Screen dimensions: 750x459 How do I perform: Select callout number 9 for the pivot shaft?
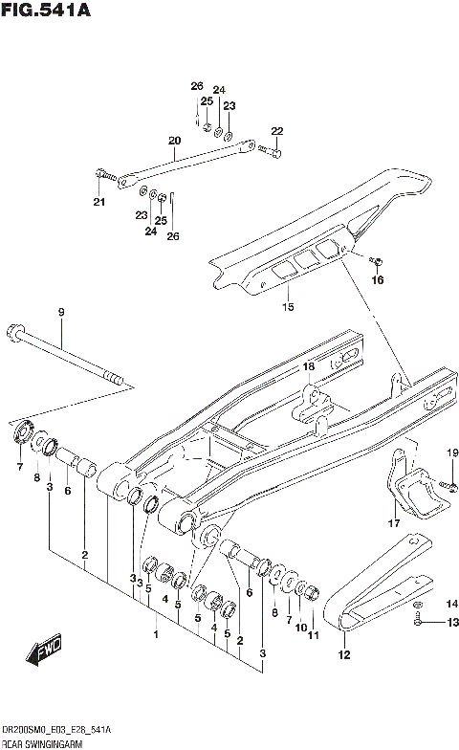click(x=60, y=313)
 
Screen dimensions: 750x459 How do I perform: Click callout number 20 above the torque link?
click(x=174, y=141)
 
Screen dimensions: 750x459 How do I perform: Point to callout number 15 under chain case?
click(x=288, y=307)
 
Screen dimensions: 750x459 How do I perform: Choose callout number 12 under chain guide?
click(x=344, y=655)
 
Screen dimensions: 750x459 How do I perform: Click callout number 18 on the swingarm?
click(x=309, y=366)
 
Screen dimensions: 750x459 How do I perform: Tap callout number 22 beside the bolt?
click(x=277, y=131)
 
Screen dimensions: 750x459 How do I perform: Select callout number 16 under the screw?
click(x=377, y=280)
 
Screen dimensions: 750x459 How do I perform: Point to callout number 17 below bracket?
click(x=393, y=523)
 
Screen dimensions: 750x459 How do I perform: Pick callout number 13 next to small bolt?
click(x=452, y=623)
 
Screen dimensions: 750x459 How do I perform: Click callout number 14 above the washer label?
click(x=452, y=603)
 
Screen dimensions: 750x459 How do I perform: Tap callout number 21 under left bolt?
click(x=98, y=201)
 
